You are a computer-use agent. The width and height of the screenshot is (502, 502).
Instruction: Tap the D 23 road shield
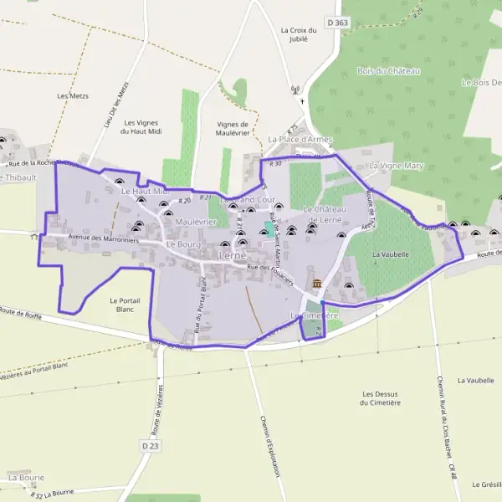(x=150, y=447)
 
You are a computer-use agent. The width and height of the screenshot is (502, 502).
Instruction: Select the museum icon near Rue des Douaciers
(x=317, y=284)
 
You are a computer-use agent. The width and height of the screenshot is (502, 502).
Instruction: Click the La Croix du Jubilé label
(x=295, y=33)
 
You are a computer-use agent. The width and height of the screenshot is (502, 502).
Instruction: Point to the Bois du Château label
(x=387, y=71)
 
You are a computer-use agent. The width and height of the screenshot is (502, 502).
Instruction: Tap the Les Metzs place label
(x=73, y=96)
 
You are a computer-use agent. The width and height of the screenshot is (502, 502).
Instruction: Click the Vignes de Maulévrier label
(x=233, y=129)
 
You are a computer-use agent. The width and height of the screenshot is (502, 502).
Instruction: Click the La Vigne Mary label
(x=397, y=166)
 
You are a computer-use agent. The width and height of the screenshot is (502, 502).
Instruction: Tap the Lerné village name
(x=230, y=255)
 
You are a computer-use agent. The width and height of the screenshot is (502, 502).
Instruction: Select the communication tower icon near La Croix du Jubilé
(x=295, y=90)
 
